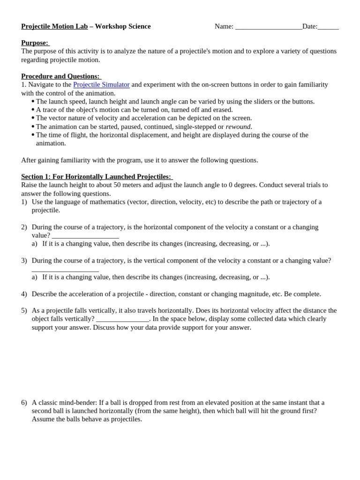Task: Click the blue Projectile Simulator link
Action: tap(101, 84)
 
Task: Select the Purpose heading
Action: tap(35, 43)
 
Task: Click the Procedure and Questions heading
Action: tap(61, 76)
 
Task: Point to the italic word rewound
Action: tap(238, 127)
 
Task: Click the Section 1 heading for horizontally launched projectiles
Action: tap(97, 176)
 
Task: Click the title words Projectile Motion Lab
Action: tap(54, 26)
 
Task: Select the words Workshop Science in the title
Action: tap(123, 26)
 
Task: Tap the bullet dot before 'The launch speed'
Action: tap(33, 101)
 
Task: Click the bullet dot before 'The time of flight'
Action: tap(33, 135)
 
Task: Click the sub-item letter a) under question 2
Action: tap(35, 244)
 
